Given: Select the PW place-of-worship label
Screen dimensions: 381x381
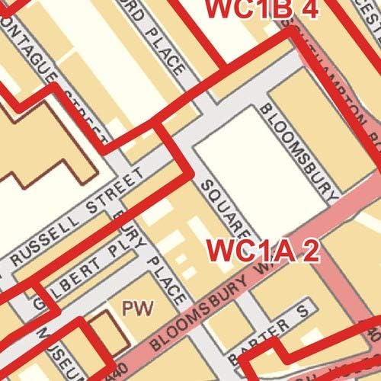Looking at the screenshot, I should point(139,309).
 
